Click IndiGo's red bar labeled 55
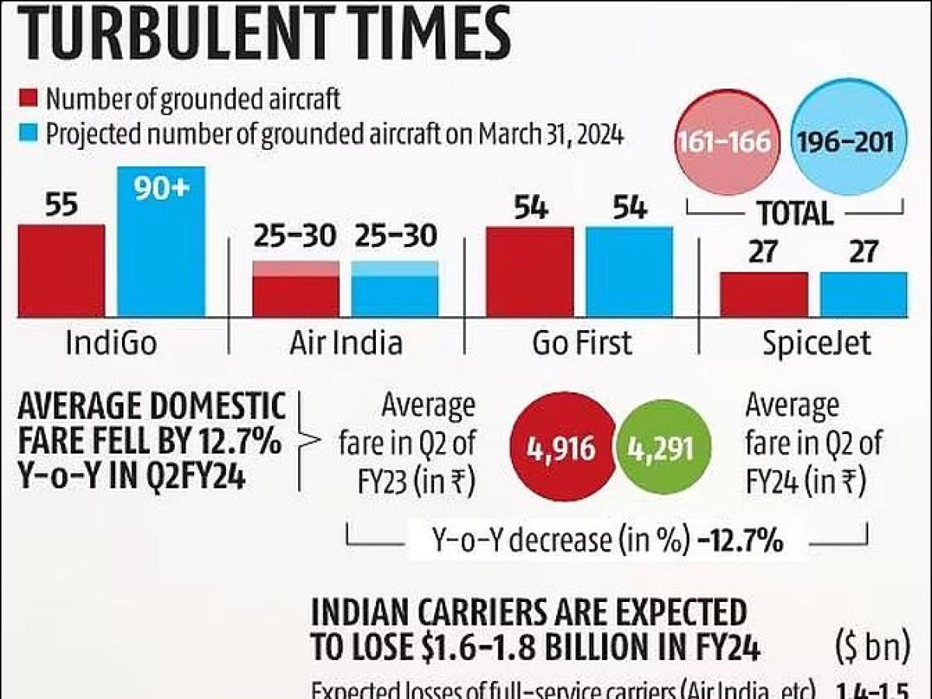tap(61, 270)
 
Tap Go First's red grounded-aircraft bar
tap(530, 271)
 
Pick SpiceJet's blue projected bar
tap(864, 294)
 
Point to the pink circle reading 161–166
tap(724, 141)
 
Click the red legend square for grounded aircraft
tap(28, 99)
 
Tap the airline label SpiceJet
tap(815, 343)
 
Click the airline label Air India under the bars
tap(346, 343)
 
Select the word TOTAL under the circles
tap(794, 212)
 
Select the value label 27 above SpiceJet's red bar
tap(763, 252)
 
